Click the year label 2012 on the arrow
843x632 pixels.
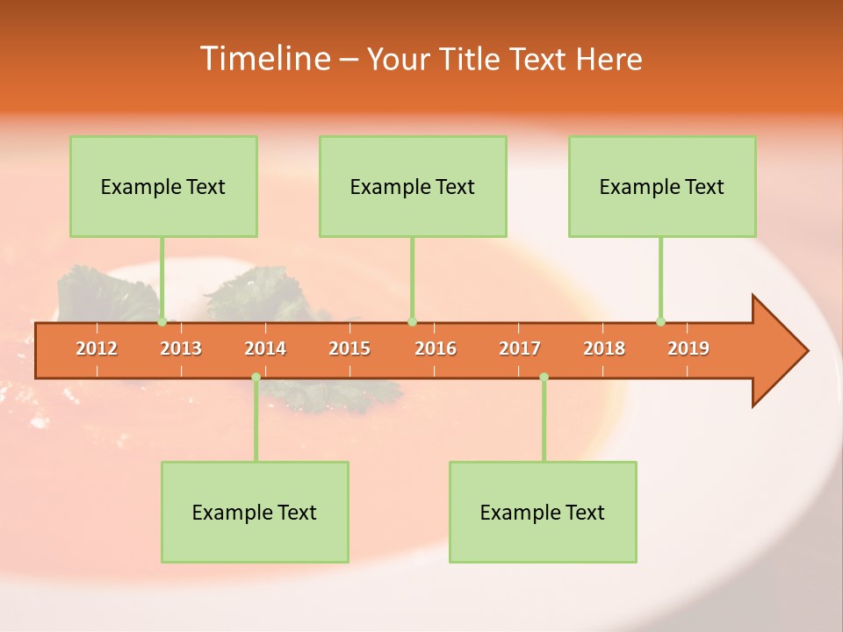point(97,348)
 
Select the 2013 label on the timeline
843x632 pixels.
point(181,348)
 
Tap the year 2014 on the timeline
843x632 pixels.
point(265,348)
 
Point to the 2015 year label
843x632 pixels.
point(349,348)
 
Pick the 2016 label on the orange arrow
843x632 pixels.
point(436,348)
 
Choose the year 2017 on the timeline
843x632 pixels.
point(520,348)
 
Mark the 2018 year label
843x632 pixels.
point(604,348)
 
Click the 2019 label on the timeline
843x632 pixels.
point(688,348)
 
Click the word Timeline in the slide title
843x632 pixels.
point(263,59)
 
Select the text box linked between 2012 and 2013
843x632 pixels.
point(163,186)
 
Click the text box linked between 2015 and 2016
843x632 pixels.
point(413,186)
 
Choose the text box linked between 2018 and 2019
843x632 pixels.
point(662,186)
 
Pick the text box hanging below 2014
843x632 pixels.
point(255,512)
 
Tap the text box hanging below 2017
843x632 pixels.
point(543,512)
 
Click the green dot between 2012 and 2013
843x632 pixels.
point(162,322)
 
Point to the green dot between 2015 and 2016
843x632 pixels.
point(412,322)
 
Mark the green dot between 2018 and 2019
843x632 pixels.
point(660,322)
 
